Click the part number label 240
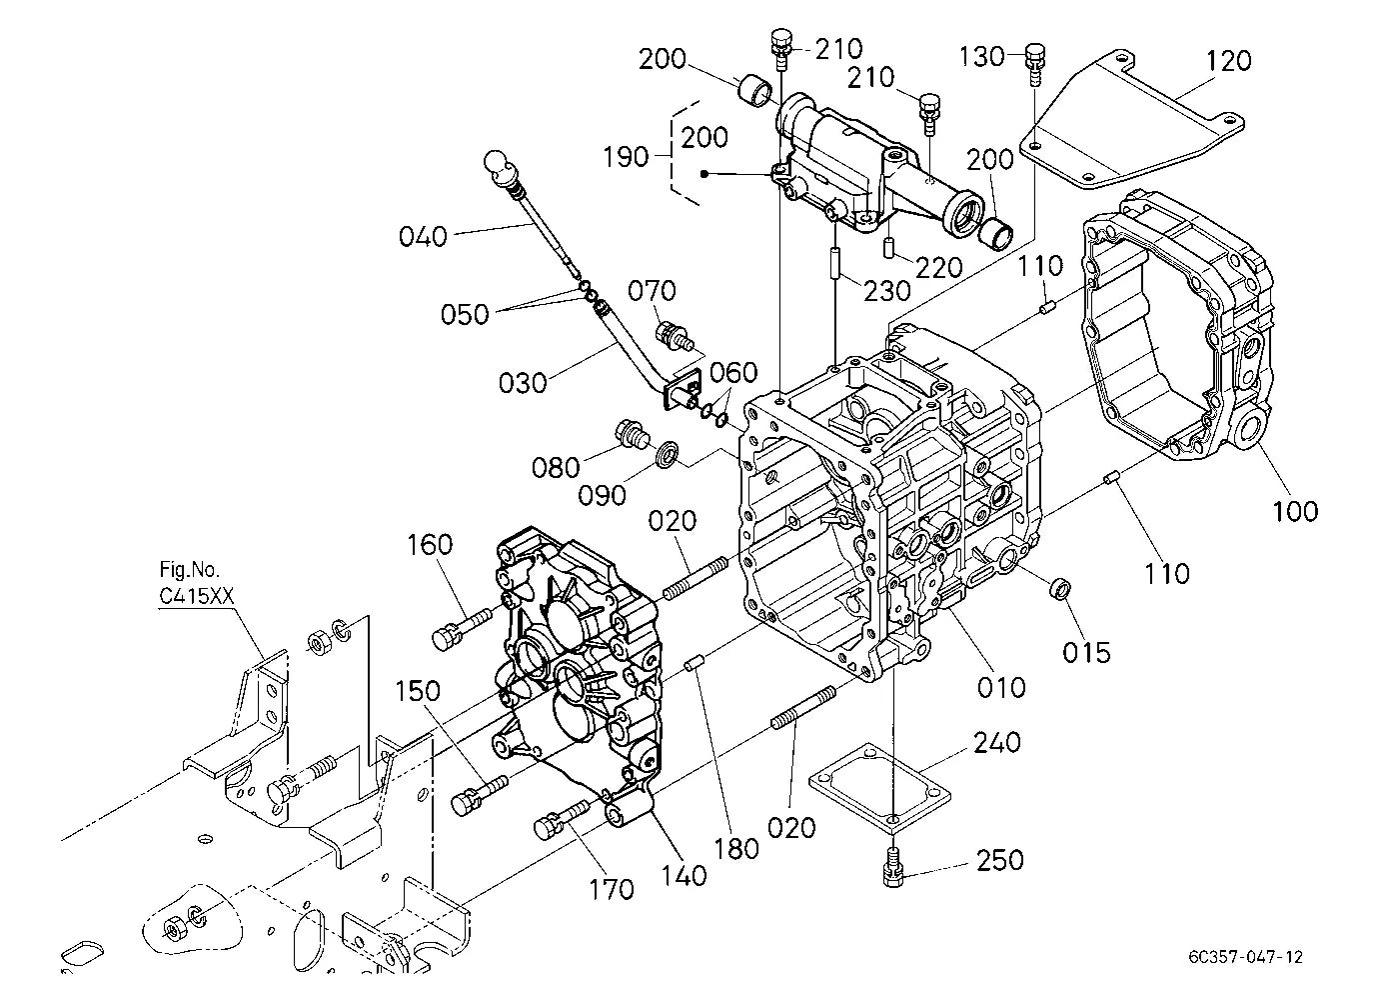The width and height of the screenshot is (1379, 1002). tap(996, 743)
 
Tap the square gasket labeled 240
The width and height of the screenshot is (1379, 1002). tap(879, 789)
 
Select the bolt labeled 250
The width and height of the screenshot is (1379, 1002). tap(892, 867)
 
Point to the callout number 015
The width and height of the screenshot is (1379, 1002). tap(1086, 653)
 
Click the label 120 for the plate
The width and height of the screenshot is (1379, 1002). tap(1228, 61)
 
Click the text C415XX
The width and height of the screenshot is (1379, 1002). tap(197, 596)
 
